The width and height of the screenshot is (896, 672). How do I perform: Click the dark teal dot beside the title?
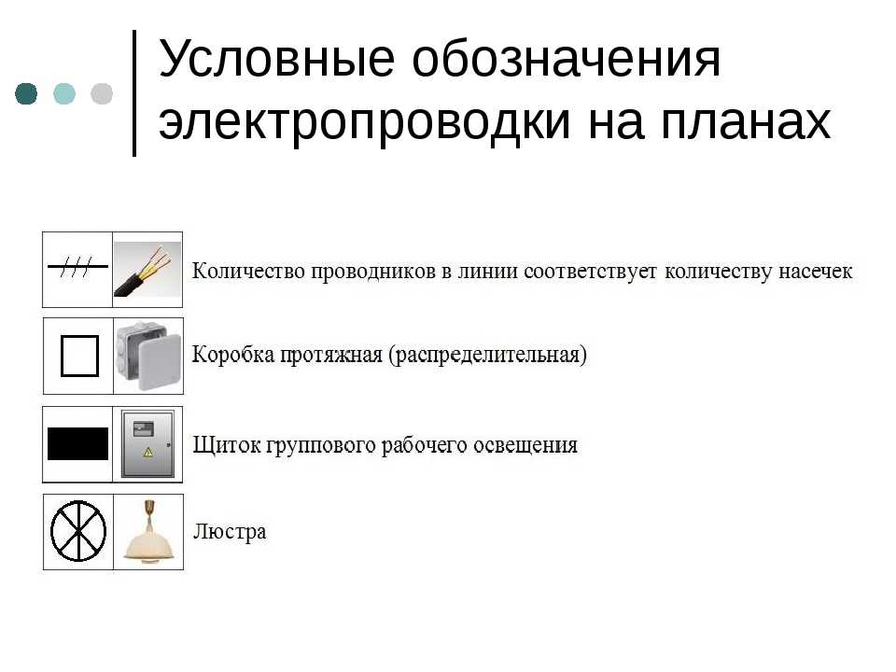point(26,93)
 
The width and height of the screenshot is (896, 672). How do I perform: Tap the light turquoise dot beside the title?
point(64,93)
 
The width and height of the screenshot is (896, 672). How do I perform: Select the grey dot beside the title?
point(102,93)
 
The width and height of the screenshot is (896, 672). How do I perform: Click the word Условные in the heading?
point(276,58)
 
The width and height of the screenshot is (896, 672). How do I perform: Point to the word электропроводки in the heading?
point(365,121)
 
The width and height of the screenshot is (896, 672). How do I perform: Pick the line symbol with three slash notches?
point(77,266)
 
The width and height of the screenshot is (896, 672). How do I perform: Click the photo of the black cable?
point(147,270)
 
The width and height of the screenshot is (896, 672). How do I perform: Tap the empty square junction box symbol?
point(79,356)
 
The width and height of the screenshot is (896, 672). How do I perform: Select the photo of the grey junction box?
point(148,356)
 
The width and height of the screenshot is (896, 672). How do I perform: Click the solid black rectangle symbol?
point(77,444)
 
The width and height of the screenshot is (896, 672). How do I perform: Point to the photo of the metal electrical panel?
point(148,444)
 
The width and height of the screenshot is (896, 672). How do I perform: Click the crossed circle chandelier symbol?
point(78,531)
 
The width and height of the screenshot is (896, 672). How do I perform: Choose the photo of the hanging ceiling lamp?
point(148,533)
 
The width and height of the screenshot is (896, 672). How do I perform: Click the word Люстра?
point(230,531)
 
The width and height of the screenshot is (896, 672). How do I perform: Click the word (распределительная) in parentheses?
point(487,355)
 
